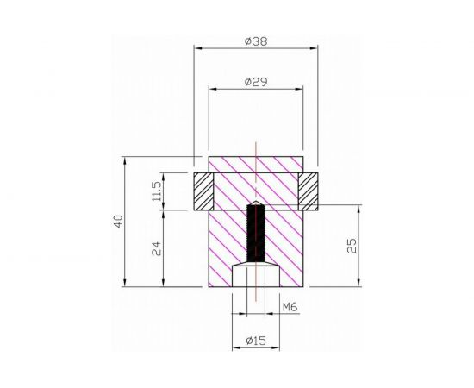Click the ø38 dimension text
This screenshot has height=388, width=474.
(255, 41)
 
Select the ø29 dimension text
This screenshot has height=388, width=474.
(255, 81)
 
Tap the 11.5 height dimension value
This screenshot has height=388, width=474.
(156, 191)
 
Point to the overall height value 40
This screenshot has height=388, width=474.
(118, 222)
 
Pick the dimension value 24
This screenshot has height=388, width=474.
(156, 249)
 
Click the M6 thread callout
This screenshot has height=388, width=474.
(290, 307)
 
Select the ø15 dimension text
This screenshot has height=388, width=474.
(255, 341)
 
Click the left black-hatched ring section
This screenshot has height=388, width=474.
(203, 191)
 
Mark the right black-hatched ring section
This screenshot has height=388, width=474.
(308, 191)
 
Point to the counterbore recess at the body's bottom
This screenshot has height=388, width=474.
(255, 278)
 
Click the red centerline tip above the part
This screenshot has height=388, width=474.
(255, 141)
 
